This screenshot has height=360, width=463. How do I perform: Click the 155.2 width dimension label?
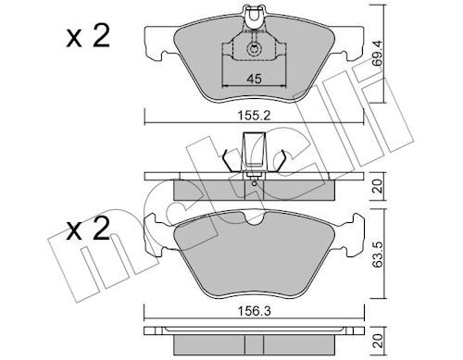click(254, 116)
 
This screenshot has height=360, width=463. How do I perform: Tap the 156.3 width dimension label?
click(254, 311)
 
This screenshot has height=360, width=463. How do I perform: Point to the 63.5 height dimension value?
click(377, 254)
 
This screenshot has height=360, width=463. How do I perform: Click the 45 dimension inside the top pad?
click(254, 79)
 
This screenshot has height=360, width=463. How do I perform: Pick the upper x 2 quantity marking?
click(88, 36)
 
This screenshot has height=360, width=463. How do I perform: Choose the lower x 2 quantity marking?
click(88, 229)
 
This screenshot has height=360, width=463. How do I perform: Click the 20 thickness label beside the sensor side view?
click(378, 186)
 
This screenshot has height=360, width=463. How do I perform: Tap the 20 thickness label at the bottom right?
click(378, 341)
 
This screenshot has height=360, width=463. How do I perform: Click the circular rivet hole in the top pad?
click(254, 49)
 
